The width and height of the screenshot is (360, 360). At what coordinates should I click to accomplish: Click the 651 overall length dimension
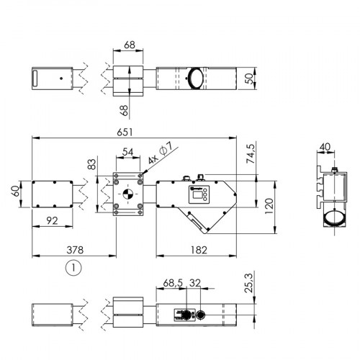click(136, 132)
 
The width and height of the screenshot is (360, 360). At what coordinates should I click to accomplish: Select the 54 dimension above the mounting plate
click(127, 153)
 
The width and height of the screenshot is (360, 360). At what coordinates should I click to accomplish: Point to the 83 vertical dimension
click(91, 165)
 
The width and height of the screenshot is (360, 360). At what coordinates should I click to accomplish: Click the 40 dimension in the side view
click(325, 148)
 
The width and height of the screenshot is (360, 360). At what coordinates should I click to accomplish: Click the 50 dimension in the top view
click(249, 77)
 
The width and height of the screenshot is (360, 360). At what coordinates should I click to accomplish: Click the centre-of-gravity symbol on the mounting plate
click(127, 193)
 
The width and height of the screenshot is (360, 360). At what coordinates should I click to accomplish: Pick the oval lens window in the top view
click(197, 78)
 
